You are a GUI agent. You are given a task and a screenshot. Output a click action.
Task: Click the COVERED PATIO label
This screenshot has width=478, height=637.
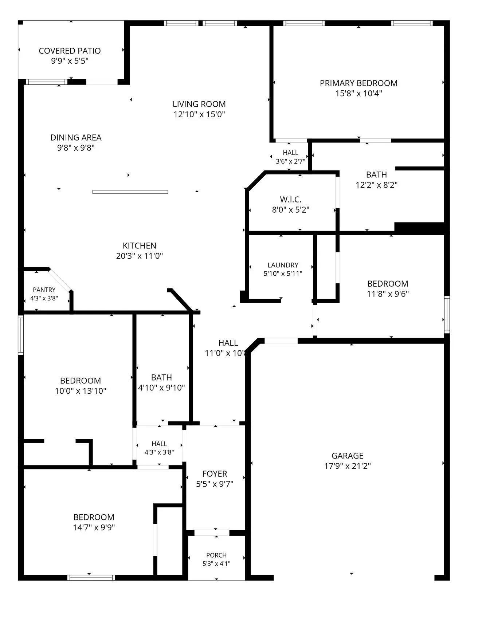tap(70, 51)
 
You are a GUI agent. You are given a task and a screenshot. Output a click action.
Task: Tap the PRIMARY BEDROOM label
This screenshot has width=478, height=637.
tap(358, 83)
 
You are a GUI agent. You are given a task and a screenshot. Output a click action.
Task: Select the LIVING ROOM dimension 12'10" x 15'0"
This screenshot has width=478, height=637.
tap(199, 114)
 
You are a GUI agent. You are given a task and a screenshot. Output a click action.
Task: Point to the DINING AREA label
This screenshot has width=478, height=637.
tap(76, 138)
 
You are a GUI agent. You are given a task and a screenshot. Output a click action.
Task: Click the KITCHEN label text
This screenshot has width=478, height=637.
tap(140, 246)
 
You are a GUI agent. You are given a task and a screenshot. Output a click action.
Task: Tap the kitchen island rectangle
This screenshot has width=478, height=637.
tap(130, 192)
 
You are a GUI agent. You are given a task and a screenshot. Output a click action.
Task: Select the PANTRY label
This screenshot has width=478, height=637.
tap(44, 290)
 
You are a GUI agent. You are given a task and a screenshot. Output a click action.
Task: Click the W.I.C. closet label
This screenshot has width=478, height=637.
tap(291, 200)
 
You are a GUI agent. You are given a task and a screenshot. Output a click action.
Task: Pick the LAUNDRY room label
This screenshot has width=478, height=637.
tap(283, 265)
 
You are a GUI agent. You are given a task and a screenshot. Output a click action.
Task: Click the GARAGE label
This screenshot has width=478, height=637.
tap(348, 456)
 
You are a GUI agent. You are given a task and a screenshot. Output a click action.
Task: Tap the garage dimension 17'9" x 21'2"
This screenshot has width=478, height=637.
tap(348, 466)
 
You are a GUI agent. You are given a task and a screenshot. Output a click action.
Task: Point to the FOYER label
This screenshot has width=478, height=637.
tap(215, 474)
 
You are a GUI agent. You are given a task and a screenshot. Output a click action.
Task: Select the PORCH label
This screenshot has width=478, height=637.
tap(216, 555)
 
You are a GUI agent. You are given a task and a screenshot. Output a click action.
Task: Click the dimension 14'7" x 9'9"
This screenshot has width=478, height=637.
tap(94, 527)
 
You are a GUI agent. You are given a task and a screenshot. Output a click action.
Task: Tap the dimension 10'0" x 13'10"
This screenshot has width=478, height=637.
tap(81, 391)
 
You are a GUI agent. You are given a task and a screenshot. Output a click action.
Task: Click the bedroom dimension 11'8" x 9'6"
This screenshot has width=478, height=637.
tap(388, 294)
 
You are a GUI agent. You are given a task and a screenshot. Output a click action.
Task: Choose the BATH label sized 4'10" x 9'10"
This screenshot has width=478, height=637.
tap(161, 378)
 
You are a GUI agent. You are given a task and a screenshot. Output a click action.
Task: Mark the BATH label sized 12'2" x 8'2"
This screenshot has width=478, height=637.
tap(376, 175)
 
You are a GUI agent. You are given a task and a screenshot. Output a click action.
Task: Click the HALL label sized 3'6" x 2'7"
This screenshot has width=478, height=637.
tap(290, 153)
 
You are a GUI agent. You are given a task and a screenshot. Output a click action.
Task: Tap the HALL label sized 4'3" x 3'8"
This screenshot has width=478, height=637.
tap(159, 444)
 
